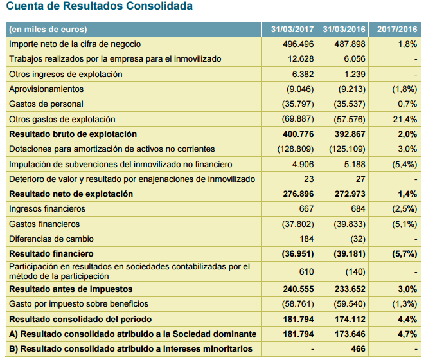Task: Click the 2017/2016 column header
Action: tap(396, 29)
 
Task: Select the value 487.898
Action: tap(350, 44)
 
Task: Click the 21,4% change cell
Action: tap(406, 119)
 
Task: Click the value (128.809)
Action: tap(295, 148)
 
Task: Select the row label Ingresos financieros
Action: tap(47, 208)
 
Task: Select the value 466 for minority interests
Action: tap(358, 348)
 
